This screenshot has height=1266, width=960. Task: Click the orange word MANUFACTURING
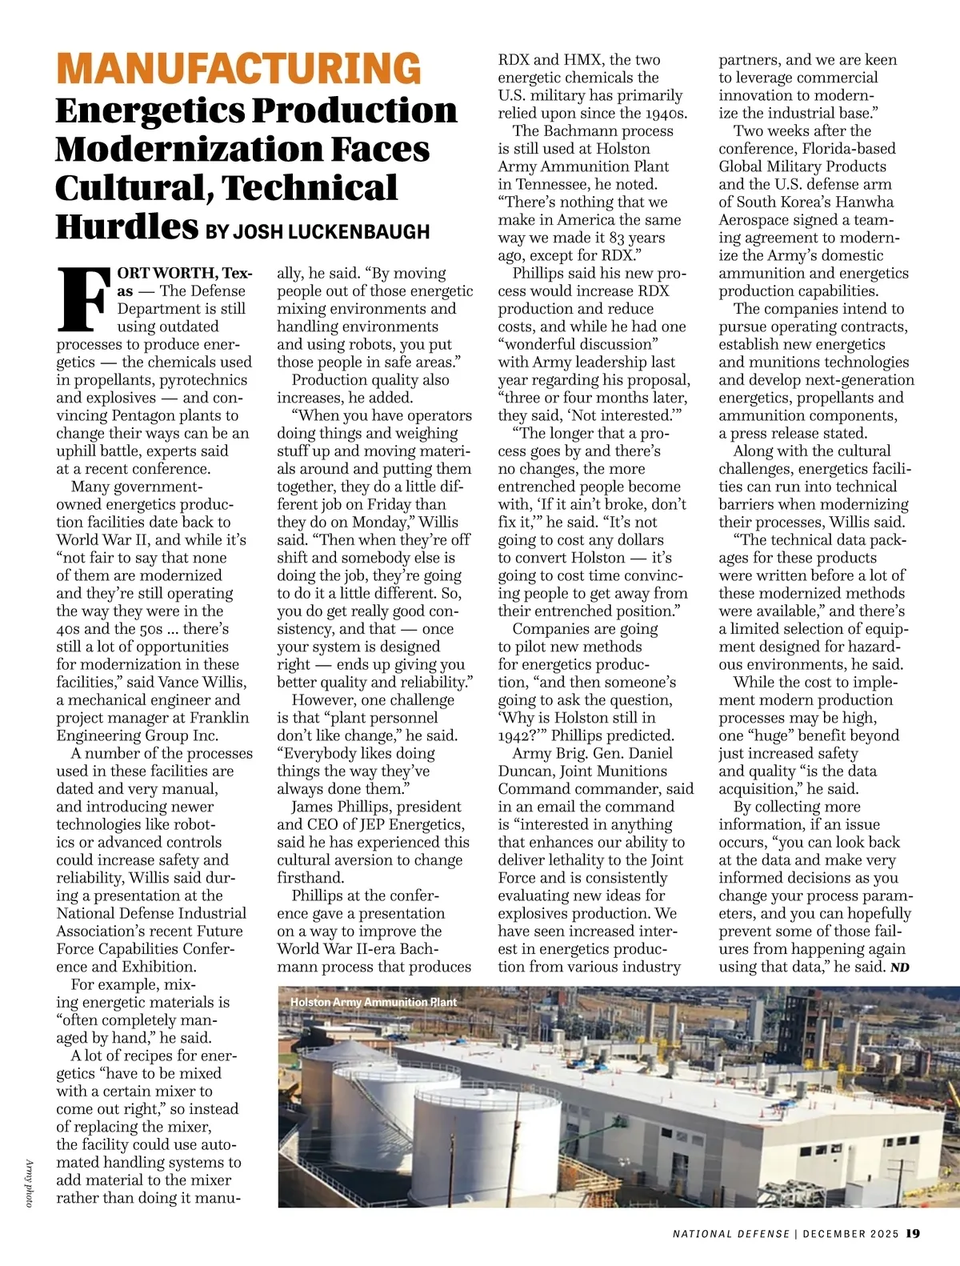[238, 68]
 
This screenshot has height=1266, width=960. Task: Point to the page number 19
[913, 1233]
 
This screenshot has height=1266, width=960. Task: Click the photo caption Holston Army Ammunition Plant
[373, 1002]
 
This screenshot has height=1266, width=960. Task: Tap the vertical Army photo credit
[29, 1183]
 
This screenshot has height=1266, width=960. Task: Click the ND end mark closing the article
[900, 968]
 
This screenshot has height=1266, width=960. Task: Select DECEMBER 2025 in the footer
[851, 1234]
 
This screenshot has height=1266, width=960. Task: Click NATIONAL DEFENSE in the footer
[730, 1234]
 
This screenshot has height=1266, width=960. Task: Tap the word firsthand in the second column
[310, 878]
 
